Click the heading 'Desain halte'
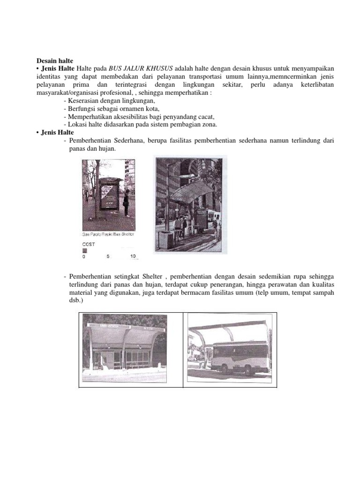click(x=55, y=60)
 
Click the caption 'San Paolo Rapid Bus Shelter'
click(x=108, y=234)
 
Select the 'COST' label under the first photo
click(x=89, y=244)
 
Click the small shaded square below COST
click(x=85, y=250)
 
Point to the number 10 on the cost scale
click(x=133, y=256)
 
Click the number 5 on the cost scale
click(x=108, y=256)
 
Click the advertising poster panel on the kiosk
click(x=109, y=196)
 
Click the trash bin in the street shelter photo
click(x=165, y=239)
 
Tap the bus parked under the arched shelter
click(x=240, y=356)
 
